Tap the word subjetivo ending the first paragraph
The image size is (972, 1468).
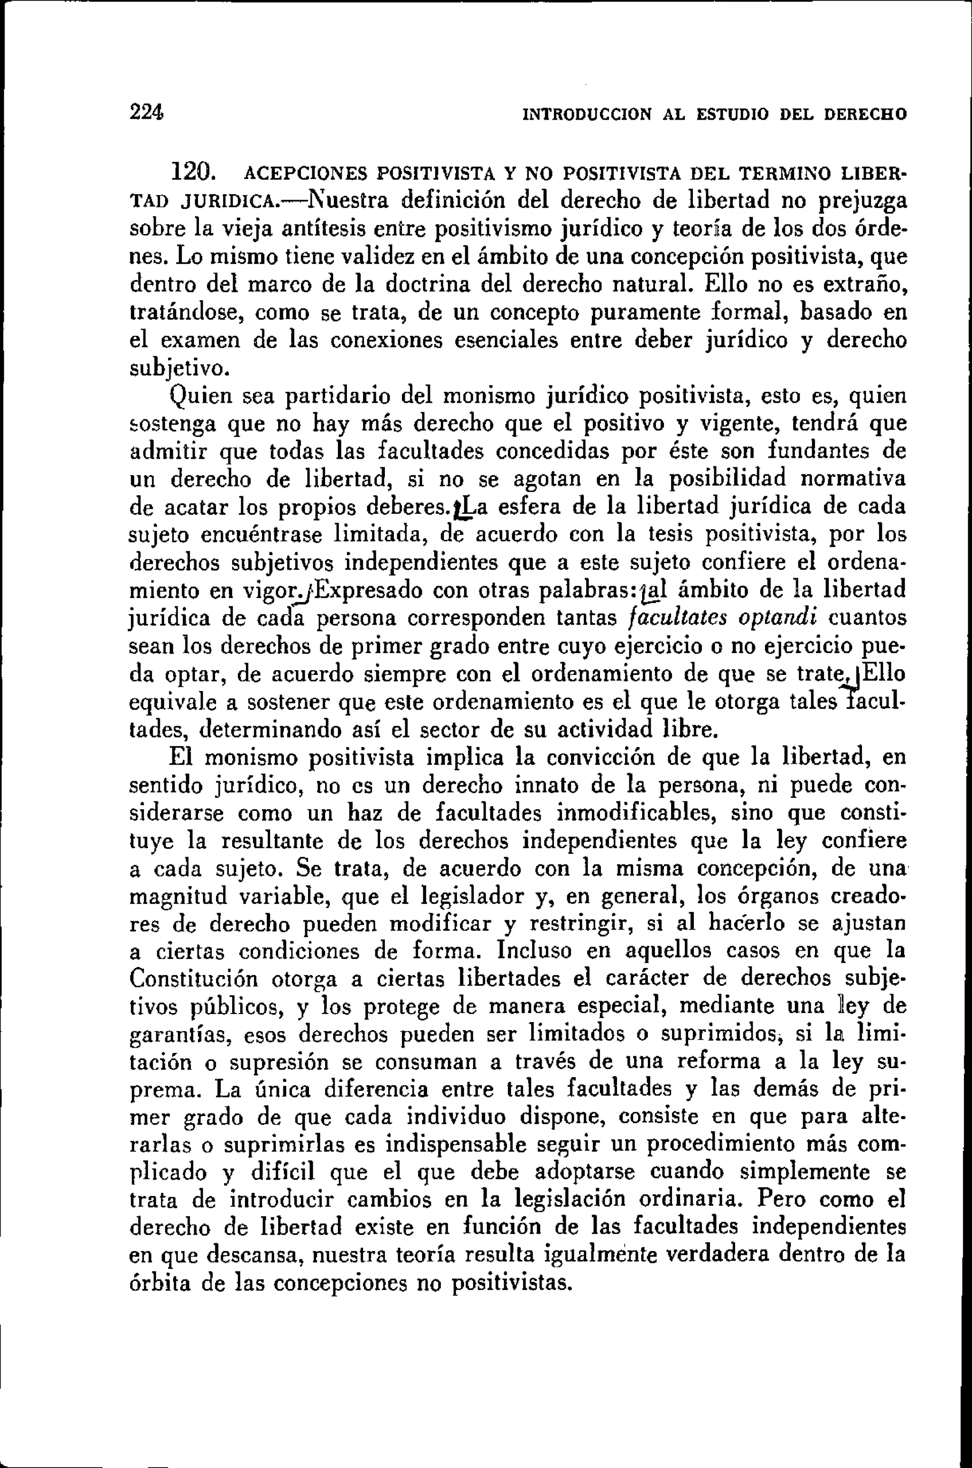coord(179,369)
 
